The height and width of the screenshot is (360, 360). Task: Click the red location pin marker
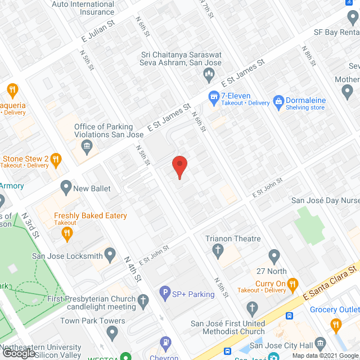(x=179, y=167)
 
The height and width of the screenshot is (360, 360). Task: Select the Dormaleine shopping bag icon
(x=278, y=101)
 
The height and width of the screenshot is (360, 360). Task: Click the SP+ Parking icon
(x=165, y=292)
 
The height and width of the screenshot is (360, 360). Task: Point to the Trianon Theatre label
(x=233, y=238)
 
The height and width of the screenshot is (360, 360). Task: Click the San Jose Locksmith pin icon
(x=110, y=256)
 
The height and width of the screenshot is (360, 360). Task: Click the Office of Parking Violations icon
(x=87, y=148)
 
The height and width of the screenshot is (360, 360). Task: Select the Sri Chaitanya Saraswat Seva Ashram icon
(x=209, y=73)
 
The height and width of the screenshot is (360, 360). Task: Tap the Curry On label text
(x=271, y=283)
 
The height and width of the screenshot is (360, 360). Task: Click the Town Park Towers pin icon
(x=112, y=332)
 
